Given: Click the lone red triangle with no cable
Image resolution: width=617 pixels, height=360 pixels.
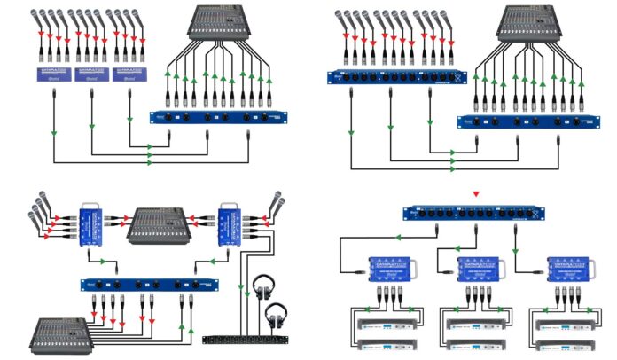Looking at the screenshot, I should [476, 193].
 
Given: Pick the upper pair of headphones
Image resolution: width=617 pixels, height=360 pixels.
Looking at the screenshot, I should [262, 287].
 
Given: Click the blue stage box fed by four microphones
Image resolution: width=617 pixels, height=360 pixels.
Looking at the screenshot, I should [90, 222].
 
